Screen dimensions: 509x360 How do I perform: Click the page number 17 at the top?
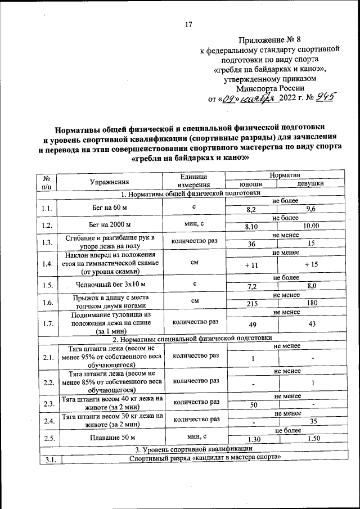pos(189,24)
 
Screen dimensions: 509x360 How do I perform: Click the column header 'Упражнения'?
pos(110,181)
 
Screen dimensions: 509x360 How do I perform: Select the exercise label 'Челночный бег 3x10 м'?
pos(110,284)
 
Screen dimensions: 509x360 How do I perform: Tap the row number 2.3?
pos(48,404)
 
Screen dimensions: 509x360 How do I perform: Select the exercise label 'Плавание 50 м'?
pos(110,437)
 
